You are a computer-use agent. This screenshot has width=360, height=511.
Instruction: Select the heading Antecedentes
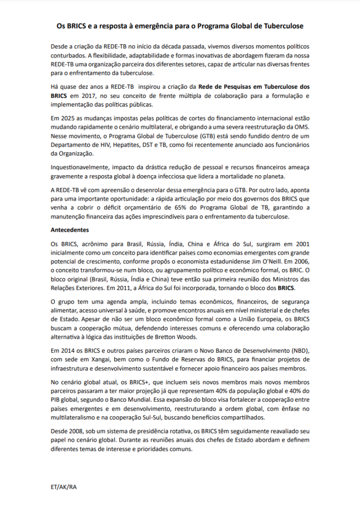tap(70, 231)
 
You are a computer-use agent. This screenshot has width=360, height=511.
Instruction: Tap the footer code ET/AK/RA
tap(63, 487)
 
